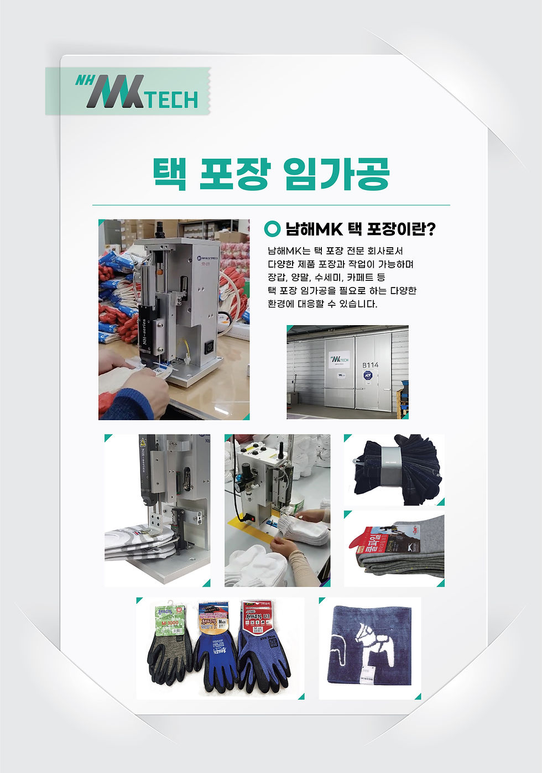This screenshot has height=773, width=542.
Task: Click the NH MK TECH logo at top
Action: tap(137, 91)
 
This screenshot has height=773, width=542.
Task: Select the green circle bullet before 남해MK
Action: tap(272, 228)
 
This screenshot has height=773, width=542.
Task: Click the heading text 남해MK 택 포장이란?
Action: tap(360, 228)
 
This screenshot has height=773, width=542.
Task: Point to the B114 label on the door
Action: tap(370, 365)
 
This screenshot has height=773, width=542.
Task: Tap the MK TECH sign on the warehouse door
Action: tap(339, 359)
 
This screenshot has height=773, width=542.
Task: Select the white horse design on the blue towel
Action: tap(365, 644)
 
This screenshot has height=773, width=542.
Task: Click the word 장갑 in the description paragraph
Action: tap(277, 278)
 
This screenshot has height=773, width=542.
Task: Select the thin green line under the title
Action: tap(271, 205)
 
